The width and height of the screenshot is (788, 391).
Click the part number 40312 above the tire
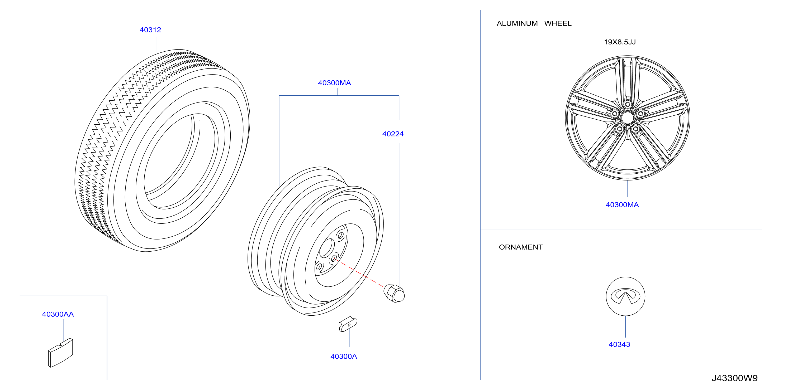coord(150,30)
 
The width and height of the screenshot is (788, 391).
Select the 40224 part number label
coord(393,134)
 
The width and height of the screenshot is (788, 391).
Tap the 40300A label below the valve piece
coord(344,356)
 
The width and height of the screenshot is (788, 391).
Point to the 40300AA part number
coord(58,314)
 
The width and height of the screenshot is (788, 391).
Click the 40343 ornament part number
coord(619,345)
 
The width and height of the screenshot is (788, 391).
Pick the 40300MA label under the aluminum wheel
coord(622,205)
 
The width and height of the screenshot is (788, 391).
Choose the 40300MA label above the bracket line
coord(334,83)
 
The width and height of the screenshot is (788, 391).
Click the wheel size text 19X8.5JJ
coord(620,42)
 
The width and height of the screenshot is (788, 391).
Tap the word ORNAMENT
coord(521,247)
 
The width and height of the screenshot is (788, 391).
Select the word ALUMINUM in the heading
coord(517,23)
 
